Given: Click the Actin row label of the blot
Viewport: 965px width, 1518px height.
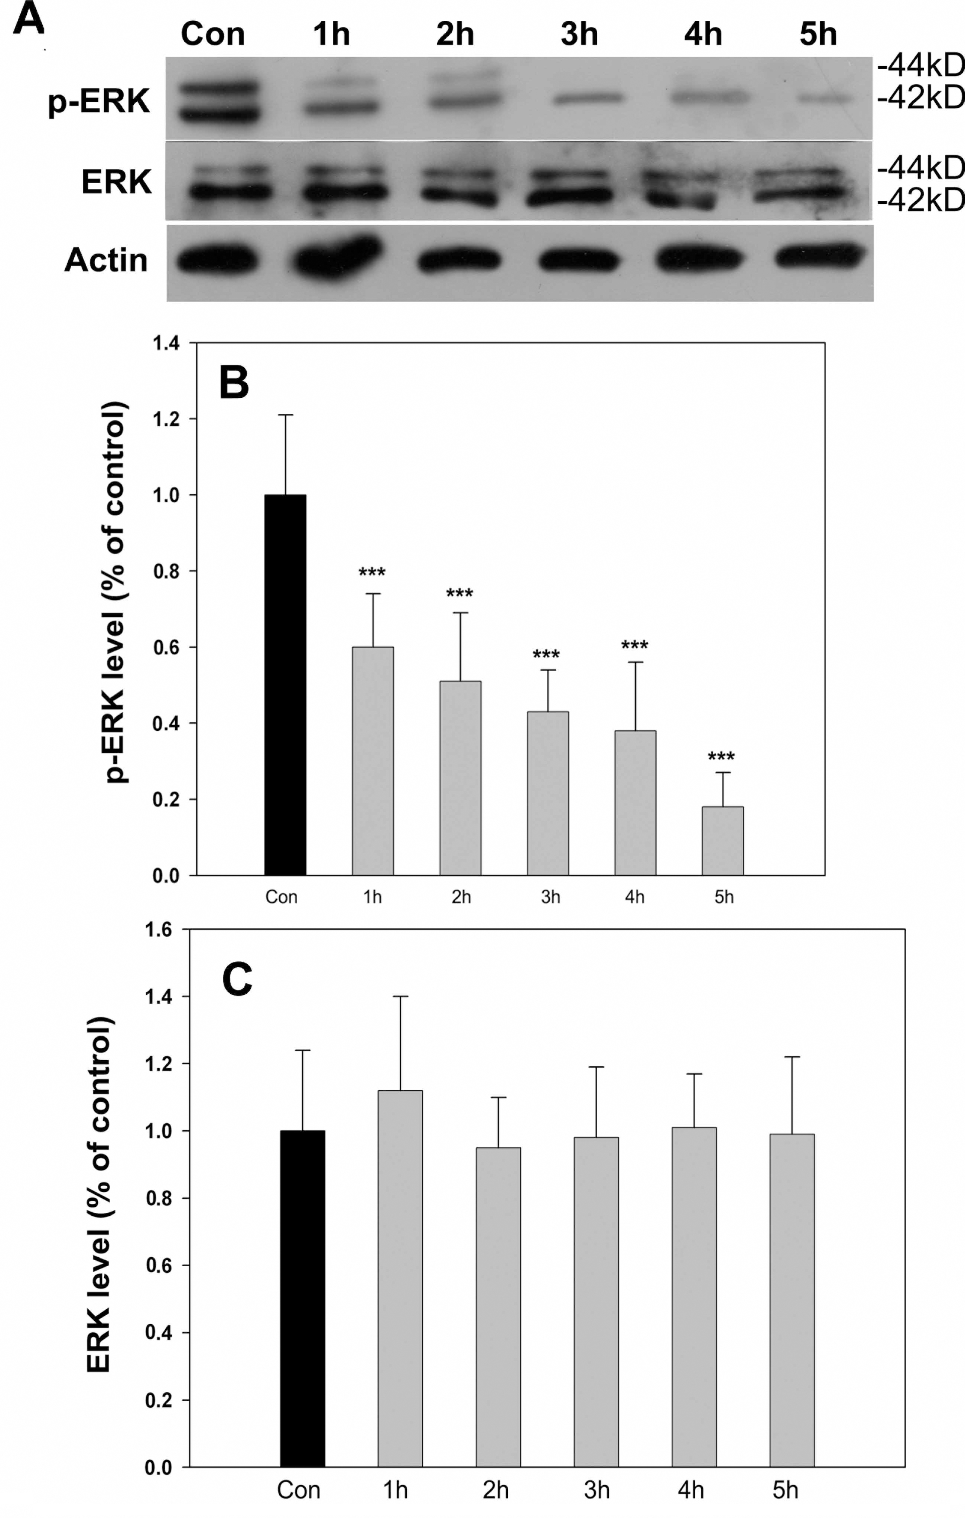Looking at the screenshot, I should [x=106, y=260].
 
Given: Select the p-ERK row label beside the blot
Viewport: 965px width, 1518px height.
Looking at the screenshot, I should [x=99, y=101].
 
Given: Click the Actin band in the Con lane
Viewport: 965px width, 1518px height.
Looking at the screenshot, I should [x=216, y=260].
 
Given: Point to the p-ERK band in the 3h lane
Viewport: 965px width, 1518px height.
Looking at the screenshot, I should [x=590, y=98].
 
